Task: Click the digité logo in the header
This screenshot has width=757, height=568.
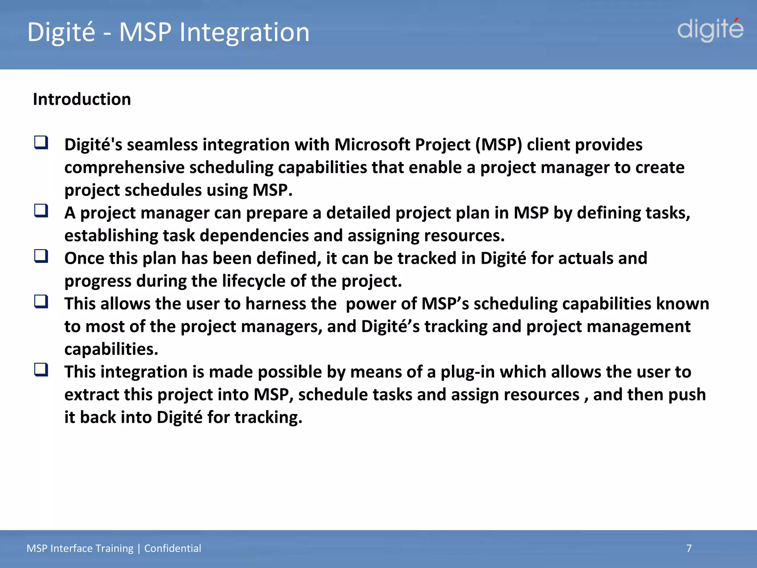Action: tap(710, 30)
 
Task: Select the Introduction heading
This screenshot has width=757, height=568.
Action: tap(82, 99)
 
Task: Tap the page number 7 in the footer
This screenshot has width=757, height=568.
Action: tap(689, 548)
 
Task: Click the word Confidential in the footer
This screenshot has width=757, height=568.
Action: tap(173, 548)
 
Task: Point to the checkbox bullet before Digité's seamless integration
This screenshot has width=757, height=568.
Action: tap(41, 142)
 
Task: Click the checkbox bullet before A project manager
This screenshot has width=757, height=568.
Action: tap(41, 211)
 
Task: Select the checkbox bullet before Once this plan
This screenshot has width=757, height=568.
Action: tap(41, 256)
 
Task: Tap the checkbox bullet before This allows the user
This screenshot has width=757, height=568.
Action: tap(41, 302)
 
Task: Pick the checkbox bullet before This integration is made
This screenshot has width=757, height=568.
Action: tap(41, 370)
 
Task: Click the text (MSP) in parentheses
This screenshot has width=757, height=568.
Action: tap(499, 145)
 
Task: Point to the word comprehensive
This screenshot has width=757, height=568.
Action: tap(124, 168)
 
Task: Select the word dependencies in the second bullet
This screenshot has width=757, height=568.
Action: tap(254, 236)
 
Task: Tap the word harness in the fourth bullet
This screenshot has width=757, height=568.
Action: tap(291, 304)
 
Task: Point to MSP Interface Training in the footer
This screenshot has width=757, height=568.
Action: tap(80, 548)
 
